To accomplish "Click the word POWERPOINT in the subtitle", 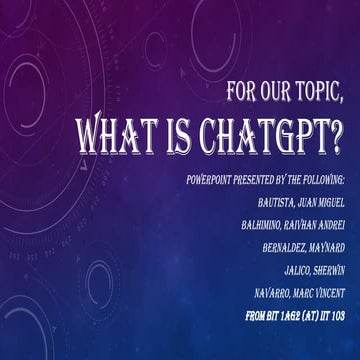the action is (209, 180).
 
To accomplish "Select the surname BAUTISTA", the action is (276, 203).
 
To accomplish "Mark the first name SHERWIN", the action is (330, 271).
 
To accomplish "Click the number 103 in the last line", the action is (338, 316).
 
